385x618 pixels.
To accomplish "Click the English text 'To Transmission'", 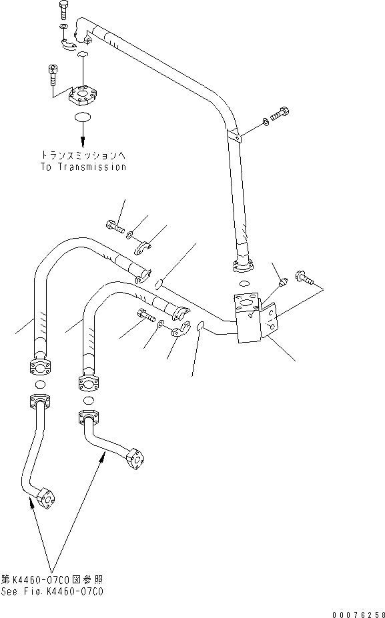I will [82, 167].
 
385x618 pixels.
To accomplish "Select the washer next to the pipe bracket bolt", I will [267, 121].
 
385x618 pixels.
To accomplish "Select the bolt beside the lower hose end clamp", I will [145, 315].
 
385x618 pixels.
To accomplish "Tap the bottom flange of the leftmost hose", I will [39, 367].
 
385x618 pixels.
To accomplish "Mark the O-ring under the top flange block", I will [83, 118].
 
